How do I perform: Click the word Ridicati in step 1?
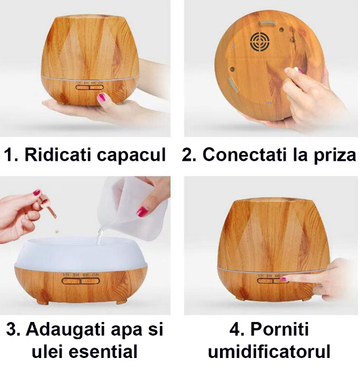click(x=58, y=154)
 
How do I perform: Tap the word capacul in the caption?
click(x=131, y=156)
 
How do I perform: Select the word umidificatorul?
click(x=269, y=351)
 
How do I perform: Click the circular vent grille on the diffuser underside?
click(x=260, y=42)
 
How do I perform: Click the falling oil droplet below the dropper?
click(x=57, y=231)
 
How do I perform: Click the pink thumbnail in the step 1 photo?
click(x=102, y=97)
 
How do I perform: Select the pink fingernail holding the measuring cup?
click(x=142, y=212)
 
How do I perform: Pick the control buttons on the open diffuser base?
click(x=81, y=281)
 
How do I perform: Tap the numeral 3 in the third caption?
click(x=11, y=329)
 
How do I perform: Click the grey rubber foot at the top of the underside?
click(x=268, y=22)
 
